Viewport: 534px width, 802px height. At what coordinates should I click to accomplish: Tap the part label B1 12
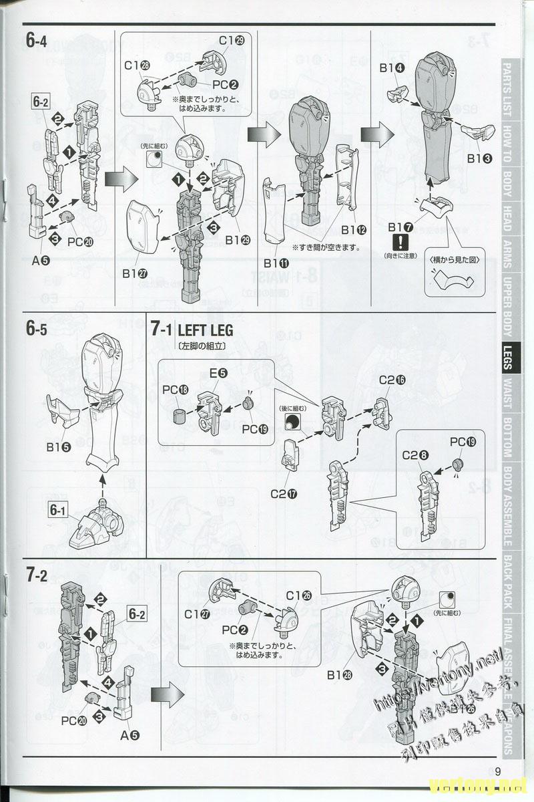[353, 230]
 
